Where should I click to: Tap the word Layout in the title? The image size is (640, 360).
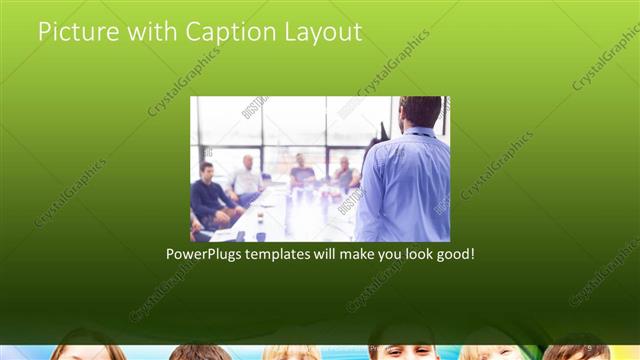pos(322,32)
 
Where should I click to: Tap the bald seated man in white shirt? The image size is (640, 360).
pos(246,180)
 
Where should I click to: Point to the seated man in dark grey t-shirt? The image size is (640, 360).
pos(302,175)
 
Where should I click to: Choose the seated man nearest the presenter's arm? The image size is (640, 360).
pos(345,174)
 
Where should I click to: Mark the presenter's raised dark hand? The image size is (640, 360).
pos(382,130)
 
